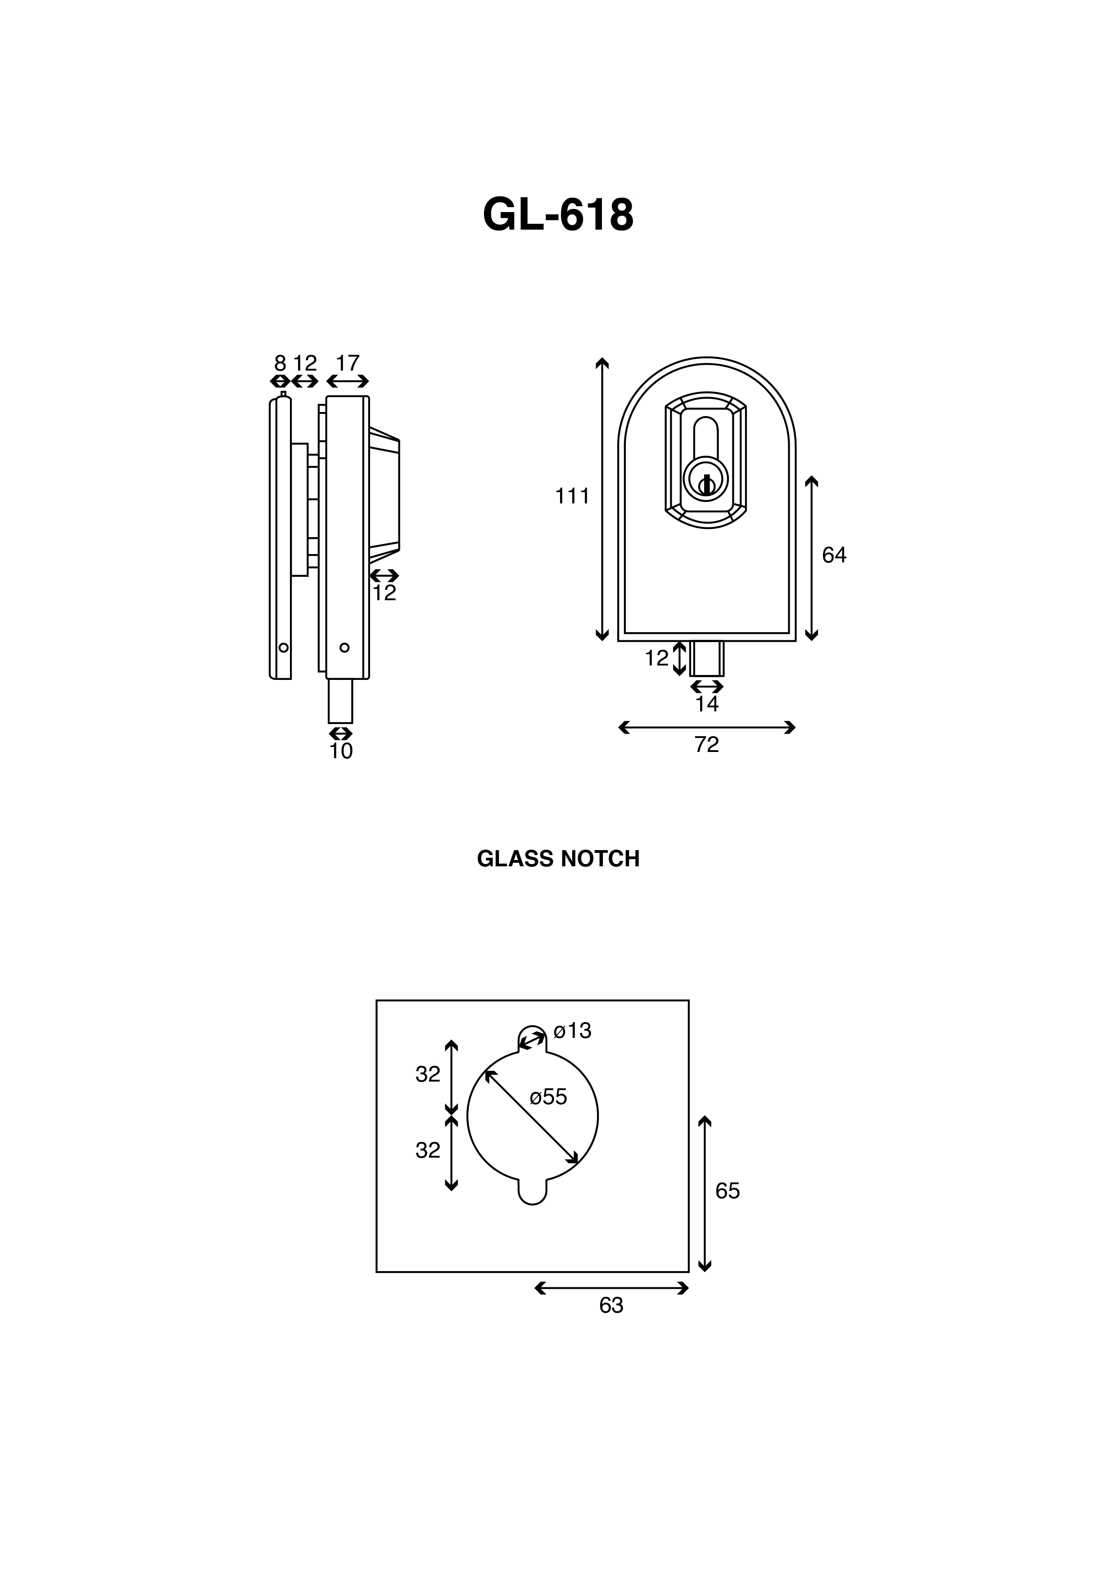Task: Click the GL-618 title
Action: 558,215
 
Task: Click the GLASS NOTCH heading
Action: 558,859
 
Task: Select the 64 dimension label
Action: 834,555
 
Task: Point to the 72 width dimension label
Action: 707,745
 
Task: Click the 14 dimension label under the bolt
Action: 707,704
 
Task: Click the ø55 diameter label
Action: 548,1097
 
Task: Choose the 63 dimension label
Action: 611,1305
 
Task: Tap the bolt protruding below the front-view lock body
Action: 707,659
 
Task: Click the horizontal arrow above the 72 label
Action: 707,727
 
